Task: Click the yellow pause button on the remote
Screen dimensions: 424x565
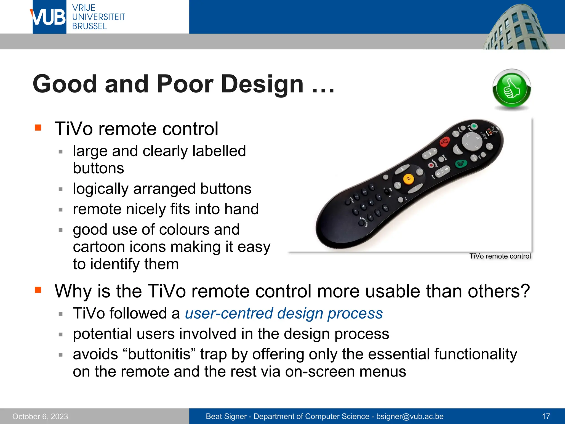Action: (x=408, y=179)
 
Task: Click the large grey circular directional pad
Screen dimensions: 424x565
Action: (x=472, y=141)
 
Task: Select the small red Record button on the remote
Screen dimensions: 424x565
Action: (x=431, y=165)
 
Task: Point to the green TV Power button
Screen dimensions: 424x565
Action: (x=474, y=126)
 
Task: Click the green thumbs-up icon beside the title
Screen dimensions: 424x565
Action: (x=511, y=89)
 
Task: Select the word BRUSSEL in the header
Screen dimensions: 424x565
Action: (x=89, y=26)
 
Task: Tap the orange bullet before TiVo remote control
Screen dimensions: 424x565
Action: (x=38, y=128)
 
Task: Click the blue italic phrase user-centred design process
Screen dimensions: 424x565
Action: (x=284, y=314)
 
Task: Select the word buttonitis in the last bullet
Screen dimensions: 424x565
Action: (x=159, y=354)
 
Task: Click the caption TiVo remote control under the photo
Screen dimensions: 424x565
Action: (x=500, y=256)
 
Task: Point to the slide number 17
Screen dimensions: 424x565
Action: (x=546, y=416)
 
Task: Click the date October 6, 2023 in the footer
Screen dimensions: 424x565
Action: (x=40, y=417)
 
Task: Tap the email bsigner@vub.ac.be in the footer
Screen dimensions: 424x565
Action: (x=410, y=416)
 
